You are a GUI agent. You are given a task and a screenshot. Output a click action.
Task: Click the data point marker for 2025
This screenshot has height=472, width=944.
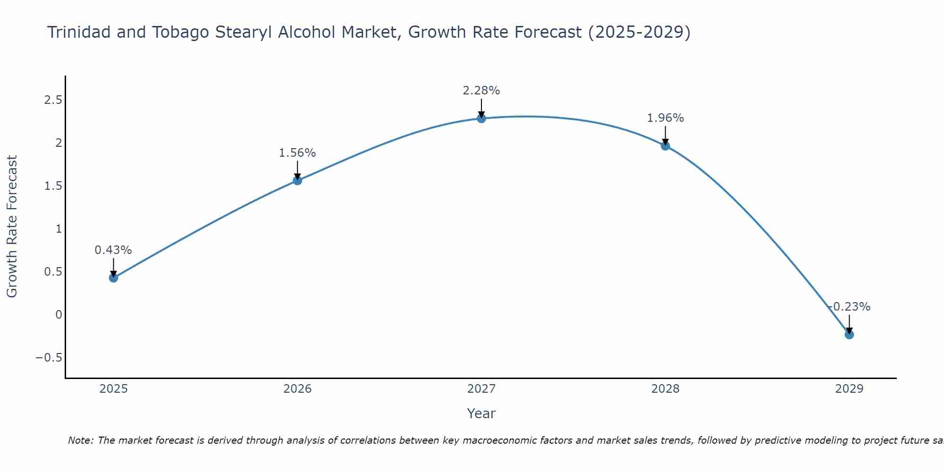tap(113, 278)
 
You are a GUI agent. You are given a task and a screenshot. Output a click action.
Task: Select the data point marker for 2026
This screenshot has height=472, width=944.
tap(297, 180)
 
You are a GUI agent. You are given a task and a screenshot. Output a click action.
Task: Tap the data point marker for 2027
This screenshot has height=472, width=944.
tap(481, 118)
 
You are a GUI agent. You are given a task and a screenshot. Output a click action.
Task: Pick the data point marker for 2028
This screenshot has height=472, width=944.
tap(666, 146)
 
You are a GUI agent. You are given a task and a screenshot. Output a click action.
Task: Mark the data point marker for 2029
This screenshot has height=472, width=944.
tap(849, 335)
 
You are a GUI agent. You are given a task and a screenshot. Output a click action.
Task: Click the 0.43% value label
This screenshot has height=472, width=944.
tap(113, 250)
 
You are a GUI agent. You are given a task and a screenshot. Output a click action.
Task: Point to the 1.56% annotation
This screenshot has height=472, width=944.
tap(297, 153)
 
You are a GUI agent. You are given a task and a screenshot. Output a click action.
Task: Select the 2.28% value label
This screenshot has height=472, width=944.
tap(481, 91)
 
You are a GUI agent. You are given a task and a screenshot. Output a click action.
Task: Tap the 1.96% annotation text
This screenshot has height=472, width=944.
tap(666, 118)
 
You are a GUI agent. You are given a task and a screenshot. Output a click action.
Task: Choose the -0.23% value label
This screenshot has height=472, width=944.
tap(849, 307)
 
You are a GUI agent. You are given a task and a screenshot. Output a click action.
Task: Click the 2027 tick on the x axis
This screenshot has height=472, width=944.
tap(481, 389)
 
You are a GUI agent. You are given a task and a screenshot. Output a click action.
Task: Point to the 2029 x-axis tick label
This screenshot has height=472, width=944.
tap(849, 389)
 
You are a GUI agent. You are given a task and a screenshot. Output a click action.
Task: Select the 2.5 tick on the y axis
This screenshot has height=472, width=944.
tap(53, 100)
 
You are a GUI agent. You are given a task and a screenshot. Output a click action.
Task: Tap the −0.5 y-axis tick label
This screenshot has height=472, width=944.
tap(49, 358)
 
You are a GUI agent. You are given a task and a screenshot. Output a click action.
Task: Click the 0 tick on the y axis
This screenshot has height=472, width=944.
tap(59, 315)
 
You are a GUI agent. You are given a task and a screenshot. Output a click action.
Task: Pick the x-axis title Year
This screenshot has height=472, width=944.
tap(481, 414)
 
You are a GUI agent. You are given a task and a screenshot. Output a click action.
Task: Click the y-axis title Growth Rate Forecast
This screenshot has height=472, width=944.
tap(12, 227)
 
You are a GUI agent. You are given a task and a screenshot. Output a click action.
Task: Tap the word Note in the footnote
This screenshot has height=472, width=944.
tap(80, 441)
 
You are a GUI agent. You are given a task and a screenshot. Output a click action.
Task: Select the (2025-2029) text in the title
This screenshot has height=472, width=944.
tap(639, 33)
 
